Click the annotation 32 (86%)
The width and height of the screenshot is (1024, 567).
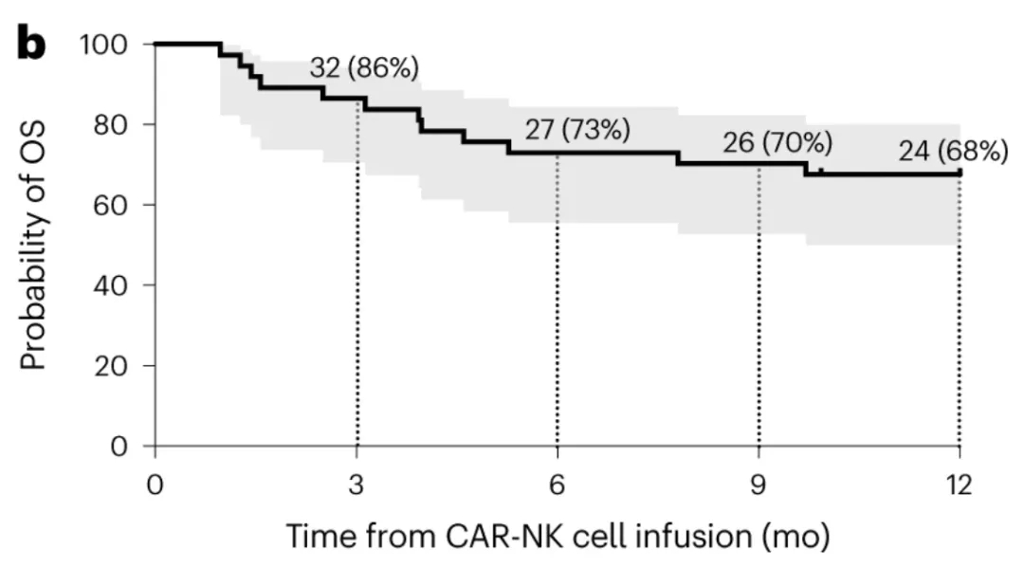[x=363, y=68]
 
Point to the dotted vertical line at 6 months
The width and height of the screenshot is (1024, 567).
[x=558, y=303]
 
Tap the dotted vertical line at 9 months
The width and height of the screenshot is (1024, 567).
[x=759, y=303]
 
